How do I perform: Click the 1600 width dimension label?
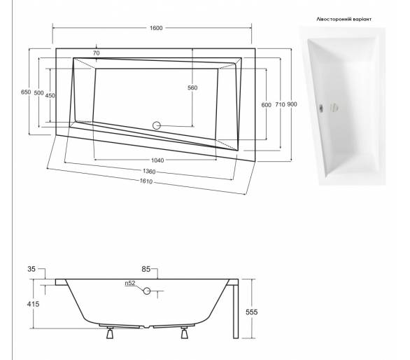pos(156,28)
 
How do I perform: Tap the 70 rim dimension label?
pos(97,53)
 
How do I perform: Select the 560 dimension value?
pos(192,88)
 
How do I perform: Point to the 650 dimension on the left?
pos(26,92)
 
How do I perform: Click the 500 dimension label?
pos(38,93)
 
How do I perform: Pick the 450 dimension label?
pos(50,95)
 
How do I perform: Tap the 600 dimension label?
pos(266,105)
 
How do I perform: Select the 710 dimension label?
pos(280,105)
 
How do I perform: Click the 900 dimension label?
pos(292,104)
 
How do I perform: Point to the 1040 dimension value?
pos(157,160)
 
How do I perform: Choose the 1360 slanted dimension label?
pos(149,172)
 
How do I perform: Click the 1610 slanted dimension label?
pos(146,181)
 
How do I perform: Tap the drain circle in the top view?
pos(156,125)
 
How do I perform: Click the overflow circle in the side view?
pos(147,291)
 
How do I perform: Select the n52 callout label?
pos(130,283)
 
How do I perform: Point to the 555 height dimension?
pos(252,312)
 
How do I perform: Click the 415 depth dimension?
pos(33,304)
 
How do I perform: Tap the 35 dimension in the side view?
pos(31,269)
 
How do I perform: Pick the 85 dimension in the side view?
pos(146,269)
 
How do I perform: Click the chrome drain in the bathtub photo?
pos(320,108)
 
